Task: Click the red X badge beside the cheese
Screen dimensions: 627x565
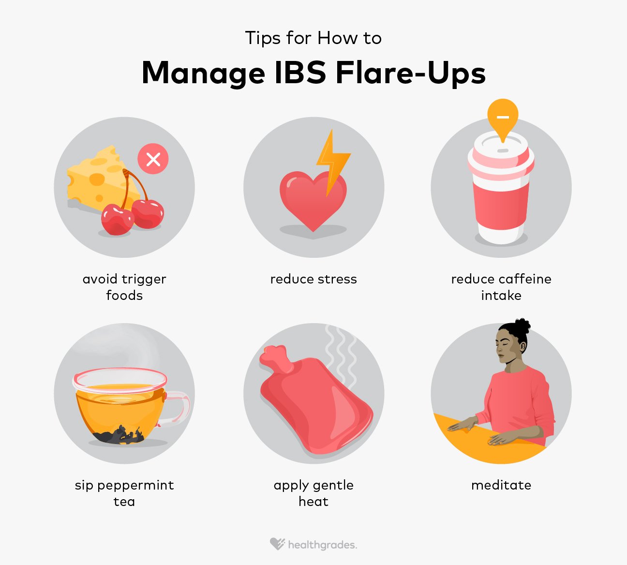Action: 153,159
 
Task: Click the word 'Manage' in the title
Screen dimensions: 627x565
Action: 203,74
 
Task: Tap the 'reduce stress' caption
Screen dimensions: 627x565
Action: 313,279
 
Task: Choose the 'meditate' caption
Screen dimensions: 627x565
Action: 501,485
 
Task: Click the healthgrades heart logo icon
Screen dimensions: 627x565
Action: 277,544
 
